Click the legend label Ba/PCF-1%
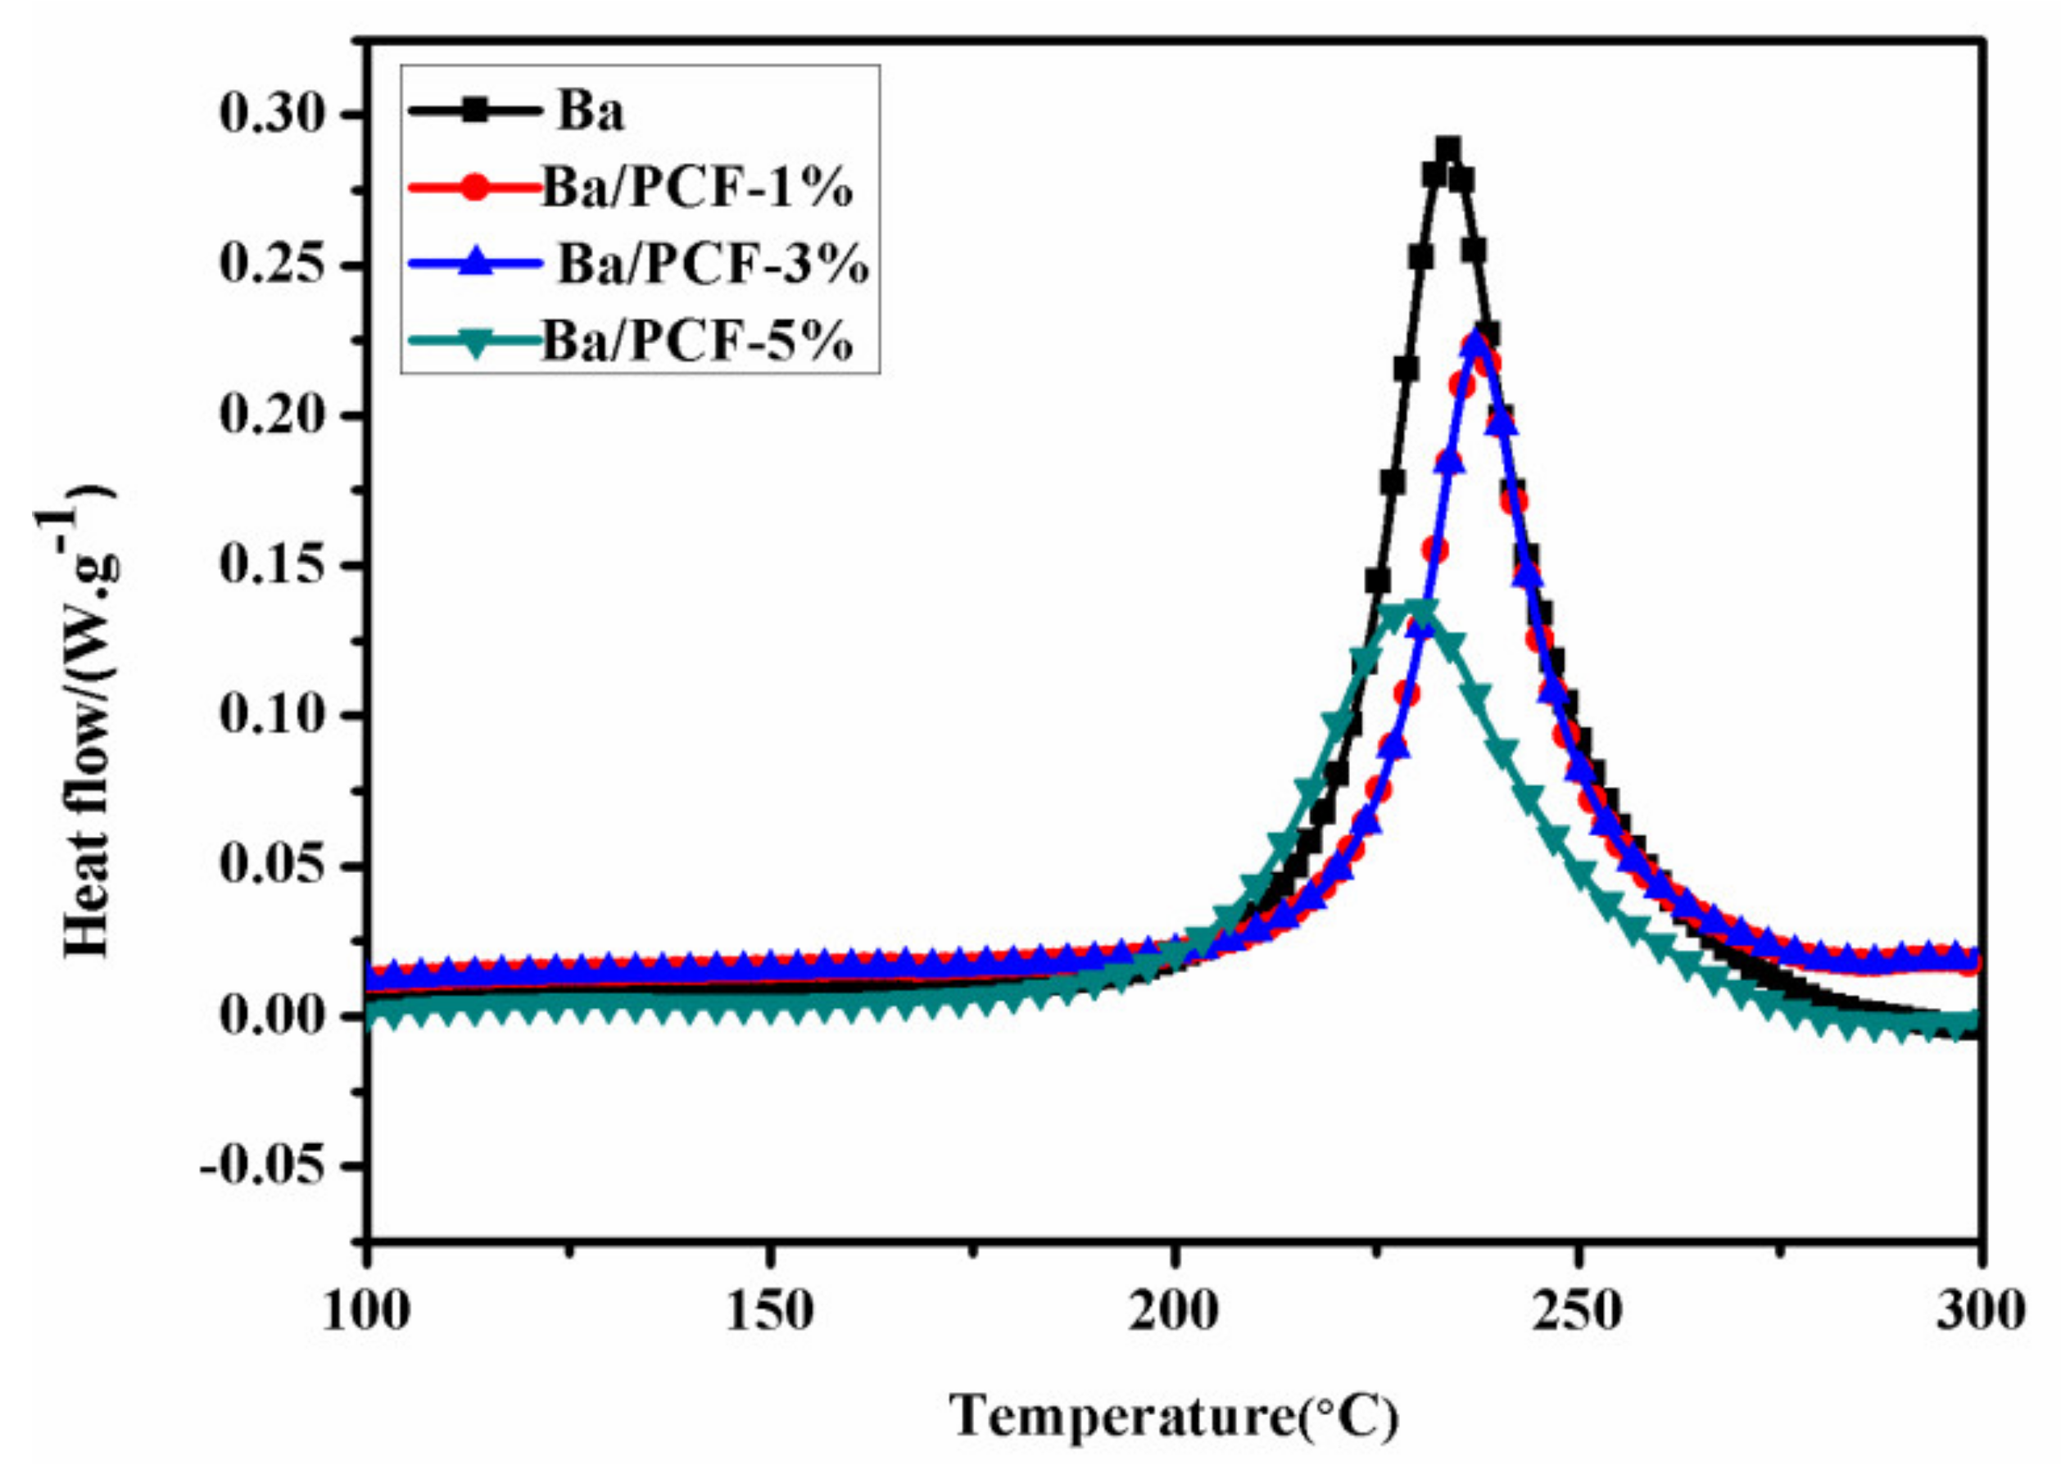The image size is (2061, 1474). [697, 191]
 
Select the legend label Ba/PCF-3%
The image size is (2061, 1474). [713, 265]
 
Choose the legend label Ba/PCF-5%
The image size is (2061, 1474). [697, 342]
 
